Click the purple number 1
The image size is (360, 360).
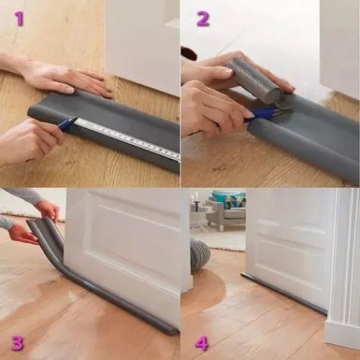pyautogui.click(x=19, y=18)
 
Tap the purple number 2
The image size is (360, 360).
pyautogui.click(x=203, y=19)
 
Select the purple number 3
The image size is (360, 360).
pyautogui.click(x=17, y=342)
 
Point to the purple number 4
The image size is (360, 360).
pyautogui.click(x=202, y=343)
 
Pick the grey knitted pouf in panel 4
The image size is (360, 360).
pyautogui.click(x=199, y=253)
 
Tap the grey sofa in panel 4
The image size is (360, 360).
pyautogui.click(x=225, y=214)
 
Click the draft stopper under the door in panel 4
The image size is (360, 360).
pyautogui.click(x=283, y=293)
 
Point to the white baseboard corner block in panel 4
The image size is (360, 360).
pyautogui.click(x=342, y=333)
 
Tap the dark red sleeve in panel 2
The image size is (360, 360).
pyautogui.click(x=189, y=54)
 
